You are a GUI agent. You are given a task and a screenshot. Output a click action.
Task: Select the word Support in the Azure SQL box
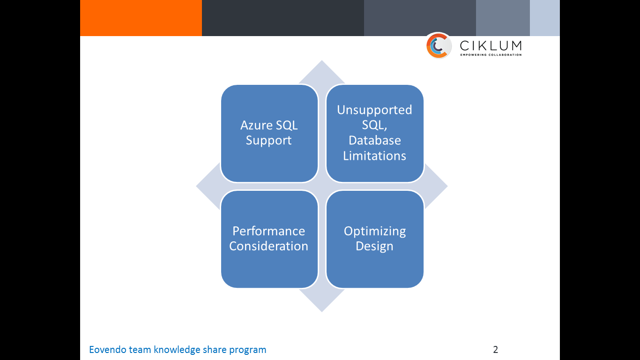click(x=268, y=141)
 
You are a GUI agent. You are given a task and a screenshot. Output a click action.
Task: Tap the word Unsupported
click(x=374, y=110)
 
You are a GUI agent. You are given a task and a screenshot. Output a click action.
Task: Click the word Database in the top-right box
click(x=374, y=141)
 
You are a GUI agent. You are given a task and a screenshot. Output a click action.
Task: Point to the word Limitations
click(x=374, y=156)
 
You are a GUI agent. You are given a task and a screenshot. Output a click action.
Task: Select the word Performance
click(x=268, y=231)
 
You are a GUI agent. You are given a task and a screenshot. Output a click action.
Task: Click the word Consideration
click(x=268, y=246)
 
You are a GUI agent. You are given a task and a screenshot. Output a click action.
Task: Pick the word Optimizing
click(x=374, y=231)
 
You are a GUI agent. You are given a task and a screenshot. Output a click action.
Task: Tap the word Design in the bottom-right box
click(x=374, y=246)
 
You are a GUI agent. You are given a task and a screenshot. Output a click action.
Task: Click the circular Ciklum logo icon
click(x=439, y=46)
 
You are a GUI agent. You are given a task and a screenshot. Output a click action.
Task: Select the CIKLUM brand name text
click(x=490, y=45)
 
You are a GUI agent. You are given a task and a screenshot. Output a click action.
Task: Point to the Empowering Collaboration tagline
click(x=490, y=55)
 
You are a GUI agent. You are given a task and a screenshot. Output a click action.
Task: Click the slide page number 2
click(x=495, y=350)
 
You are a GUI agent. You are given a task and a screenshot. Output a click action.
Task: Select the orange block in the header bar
click(x=141, y=18)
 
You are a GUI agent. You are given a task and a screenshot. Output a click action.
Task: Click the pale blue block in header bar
click(x=544, y=18)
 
